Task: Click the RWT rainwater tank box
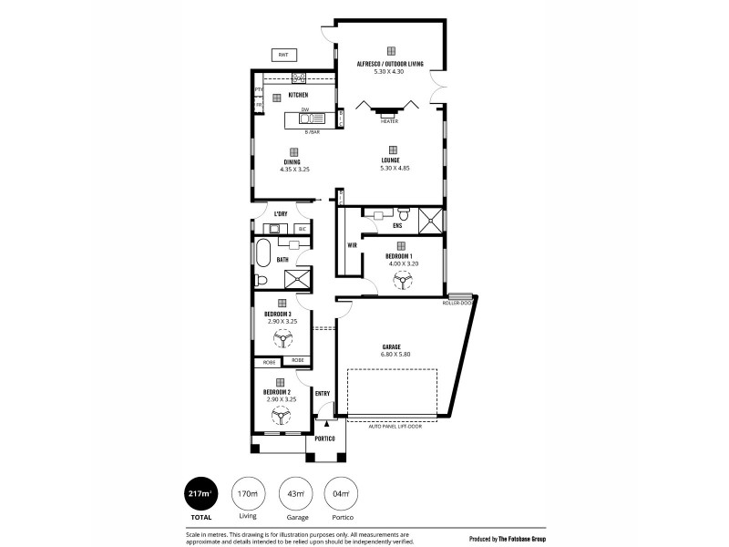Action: coord(283,55)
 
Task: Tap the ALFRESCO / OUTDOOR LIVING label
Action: coord(391,64)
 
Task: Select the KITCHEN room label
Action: coord(298,95)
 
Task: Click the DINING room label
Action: coord(293,162)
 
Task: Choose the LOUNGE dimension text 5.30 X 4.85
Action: coord(391,170)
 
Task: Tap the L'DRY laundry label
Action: coord(281,215)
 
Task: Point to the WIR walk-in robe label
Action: coord(351,244)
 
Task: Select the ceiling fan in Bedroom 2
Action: coord(282,416)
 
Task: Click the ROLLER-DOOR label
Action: coord(458,303)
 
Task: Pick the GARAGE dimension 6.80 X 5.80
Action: coord(393,355)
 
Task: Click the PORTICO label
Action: coord(324,439)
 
